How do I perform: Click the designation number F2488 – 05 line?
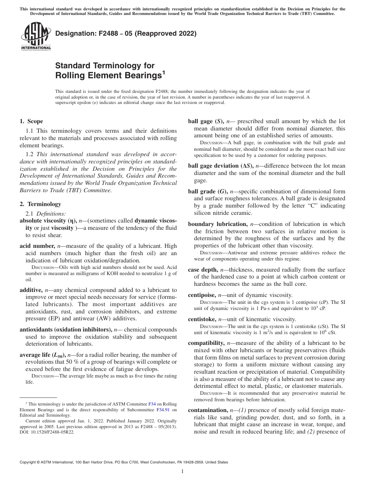point(126,33)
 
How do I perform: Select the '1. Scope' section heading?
point(31,122)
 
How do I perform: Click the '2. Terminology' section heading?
point(40,204)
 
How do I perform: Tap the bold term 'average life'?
point(37,355)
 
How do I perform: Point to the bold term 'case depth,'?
point(203,270)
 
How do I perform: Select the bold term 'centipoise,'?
point(202,295)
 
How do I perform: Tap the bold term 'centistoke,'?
point(202,319)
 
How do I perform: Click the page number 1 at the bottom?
point(182,472)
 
